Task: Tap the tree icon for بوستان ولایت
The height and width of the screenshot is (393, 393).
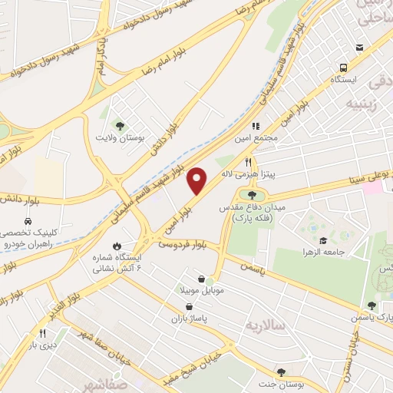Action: coord(119,125)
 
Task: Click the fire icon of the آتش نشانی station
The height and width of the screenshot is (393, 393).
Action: coord(117,246)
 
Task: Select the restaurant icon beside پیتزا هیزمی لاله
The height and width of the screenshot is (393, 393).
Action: coord(247,162)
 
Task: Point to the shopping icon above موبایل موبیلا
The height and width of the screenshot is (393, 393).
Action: coord(200,279)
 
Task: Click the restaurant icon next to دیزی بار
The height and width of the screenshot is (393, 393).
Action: coord(42,334)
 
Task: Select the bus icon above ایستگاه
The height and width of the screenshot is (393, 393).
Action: coord(359,47)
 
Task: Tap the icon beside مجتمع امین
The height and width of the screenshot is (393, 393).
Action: coord(256,126)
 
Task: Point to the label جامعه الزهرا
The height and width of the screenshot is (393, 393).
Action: coord(322,252)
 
